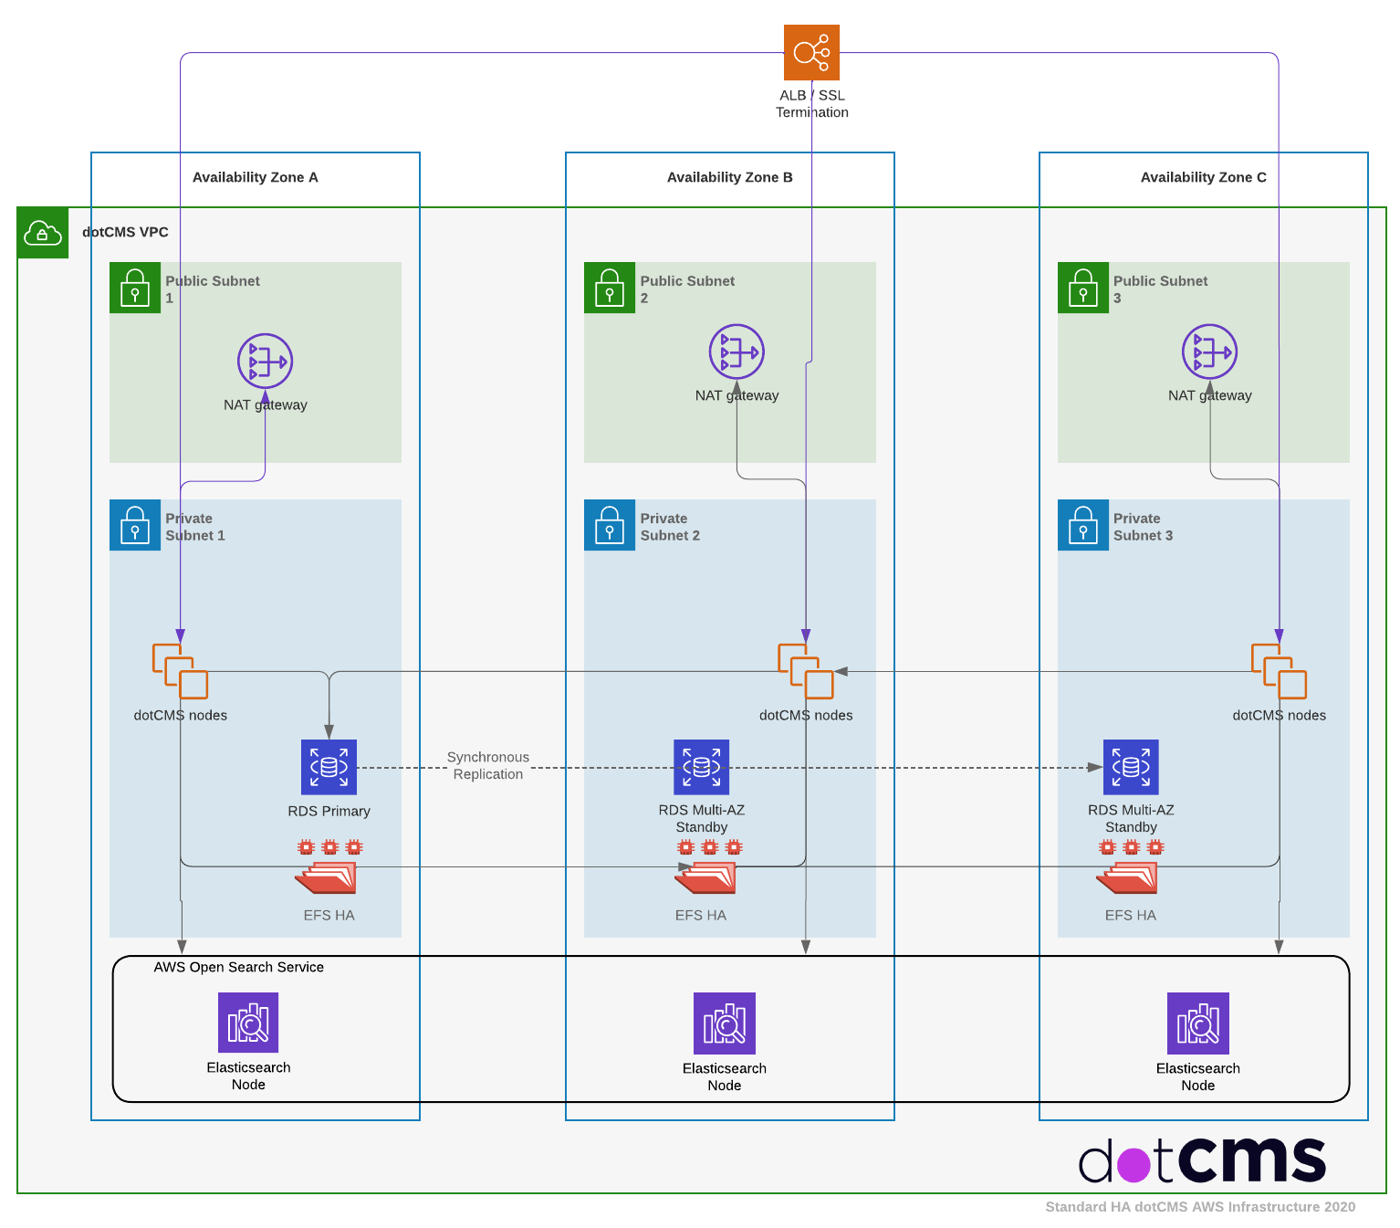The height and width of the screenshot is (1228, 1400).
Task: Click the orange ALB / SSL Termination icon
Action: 811,52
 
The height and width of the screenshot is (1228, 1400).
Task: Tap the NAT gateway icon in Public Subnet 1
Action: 265,361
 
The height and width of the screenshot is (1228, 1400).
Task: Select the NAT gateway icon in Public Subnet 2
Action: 737,352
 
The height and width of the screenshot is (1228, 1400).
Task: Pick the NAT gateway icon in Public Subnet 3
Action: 1209,352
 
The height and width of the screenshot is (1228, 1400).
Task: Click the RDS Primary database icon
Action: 329,767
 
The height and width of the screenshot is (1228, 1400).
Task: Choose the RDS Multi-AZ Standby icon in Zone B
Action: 701,767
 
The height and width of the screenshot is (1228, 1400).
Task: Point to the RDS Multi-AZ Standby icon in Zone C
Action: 1131,767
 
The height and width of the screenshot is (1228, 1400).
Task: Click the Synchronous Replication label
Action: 488,765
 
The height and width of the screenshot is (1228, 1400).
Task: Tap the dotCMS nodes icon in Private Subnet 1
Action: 180,671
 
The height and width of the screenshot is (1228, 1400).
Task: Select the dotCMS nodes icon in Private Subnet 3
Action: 1279,671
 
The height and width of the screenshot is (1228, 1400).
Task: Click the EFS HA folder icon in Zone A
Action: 327,877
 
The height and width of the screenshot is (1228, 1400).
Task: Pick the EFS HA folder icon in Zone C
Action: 1128,877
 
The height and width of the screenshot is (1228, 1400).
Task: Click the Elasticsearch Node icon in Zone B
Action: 725,1023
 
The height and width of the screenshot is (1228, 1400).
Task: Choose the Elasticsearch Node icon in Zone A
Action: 248,1023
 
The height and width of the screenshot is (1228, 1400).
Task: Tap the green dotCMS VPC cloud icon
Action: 43,233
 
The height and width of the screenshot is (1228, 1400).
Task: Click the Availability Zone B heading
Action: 729,177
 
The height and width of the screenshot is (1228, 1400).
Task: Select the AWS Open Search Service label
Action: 238,967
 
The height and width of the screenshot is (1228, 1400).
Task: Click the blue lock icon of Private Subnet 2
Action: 610,525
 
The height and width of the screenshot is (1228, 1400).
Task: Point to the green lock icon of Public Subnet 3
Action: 1083,288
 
